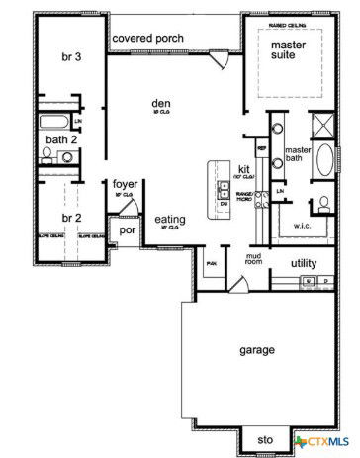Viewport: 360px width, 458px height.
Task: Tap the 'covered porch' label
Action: (x=149, y=38)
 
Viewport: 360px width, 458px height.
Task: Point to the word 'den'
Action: (x=162, y=103)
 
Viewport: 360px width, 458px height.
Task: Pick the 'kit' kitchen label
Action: (x=243, y=167)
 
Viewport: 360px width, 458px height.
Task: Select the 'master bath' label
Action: (x=298, y=155)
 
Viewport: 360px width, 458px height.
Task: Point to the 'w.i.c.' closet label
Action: (x=302, y=225)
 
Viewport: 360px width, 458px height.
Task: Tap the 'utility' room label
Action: (x=304, y=264)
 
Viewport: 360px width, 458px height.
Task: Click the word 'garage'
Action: (x=256, y=350)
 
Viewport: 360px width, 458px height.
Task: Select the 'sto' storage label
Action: (x=264, y=438)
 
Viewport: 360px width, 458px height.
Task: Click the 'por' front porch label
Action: (x=127, y=229)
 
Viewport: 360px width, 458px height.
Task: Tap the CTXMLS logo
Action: (x=324, y=438)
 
